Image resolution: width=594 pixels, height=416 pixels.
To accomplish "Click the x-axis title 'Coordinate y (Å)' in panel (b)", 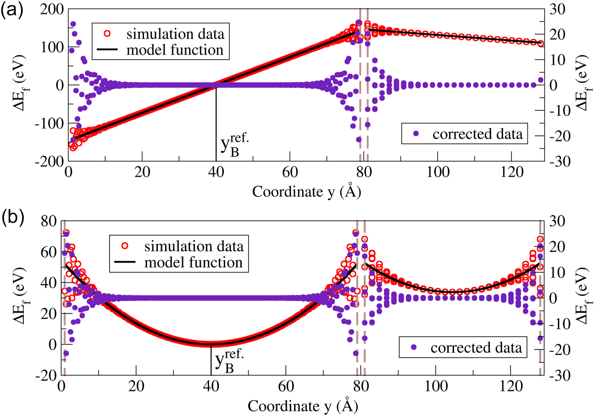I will [303, 406].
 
